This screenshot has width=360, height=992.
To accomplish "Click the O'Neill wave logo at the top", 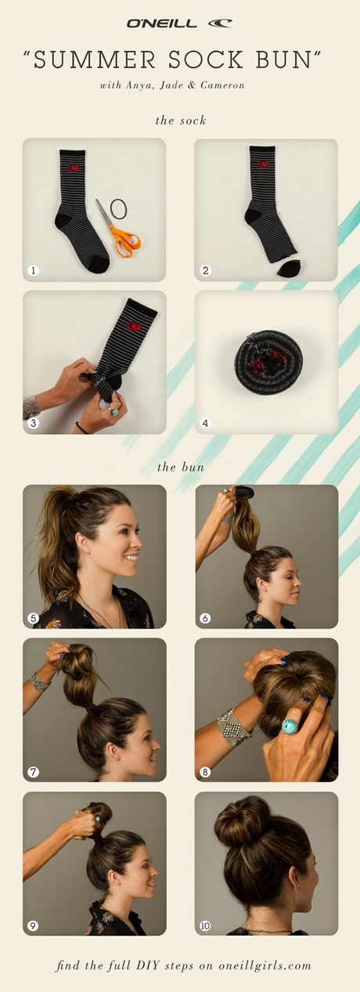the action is pos(219,23).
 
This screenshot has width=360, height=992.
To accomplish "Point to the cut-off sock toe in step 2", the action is pos(289,268).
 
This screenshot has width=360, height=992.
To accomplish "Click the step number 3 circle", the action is pos(33,423).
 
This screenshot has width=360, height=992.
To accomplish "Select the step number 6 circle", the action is pos(205,618).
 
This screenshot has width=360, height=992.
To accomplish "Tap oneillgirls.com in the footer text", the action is pos(265,963).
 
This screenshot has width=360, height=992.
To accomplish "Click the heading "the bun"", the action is pos(181,467).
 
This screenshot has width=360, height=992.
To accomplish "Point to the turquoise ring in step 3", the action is pos(115,412).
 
